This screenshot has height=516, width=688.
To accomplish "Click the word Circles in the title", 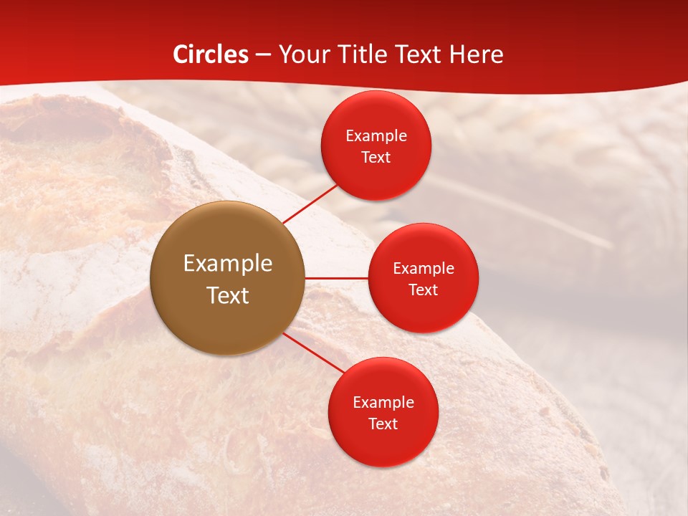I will tap(210, 54).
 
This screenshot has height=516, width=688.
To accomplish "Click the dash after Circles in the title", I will tap(263, 55).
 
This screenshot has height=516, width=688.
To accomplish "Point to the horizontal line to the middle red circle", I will tap(336, 278).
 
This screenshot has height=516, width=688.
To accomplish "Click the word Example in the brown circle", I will tap(228, 264).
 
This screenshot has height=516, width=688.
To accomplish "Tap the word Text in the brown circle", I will tap(228, 295).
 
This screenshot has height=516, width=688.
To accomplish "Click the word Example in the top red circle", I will tap(376, 136).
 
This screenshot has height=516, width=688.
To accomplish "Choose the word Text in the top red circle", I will tap(376, 158).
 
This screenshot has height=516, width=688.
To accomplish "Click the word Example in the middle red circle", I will tap(424, 269).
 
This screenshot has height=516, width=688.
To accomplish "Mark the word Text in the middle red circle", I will tap(424, 290).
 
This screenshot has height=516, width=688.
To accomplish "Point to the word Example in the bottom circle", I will tap(383, 403).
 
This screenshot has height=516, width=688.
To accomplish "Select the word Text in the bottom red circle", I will tap(383, 424).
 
